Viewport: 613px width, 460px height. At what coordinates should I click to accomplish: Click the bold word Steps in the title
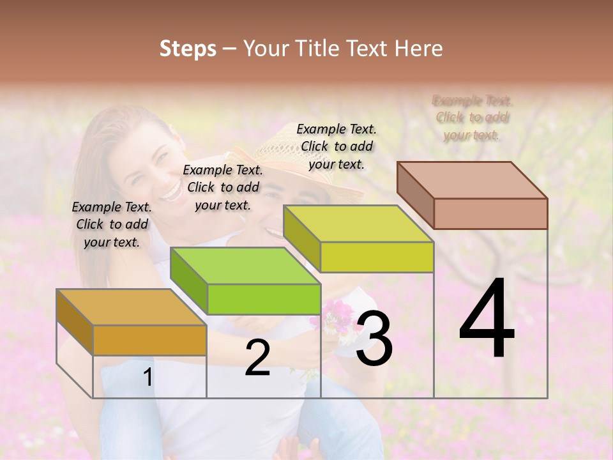click(188, 49)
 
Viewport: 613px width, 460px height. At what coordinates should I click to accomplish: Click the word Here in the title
click(418, 49)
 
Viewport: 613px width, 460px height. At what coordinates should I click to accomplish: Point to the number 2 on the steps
click(257, 358)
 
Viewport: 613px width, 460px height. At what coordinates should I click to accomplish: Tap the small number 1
click(148, 378)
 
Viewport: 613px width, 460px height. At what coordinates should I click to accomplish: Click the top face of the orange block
click(131, 307)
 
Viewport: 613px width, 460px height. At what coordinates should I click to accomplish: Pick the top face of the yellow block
click(358, 224)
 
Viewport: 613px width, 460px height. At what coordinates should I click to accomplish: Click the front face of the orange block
click(149, 340)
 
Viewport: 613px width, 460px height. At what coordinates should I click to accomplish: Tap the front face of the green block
click(263, 299)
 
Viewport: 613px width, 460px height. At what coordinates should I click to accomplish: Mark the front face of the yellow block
click(377, 257)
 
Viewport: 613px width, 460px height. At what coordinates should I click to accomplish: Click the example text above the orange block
click(112, 224)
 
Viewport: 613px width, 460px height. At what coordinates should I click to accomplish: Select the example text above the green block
click(223, 187)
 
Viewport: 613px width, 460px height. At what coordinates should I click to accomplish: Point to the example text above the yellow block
click(337, 146)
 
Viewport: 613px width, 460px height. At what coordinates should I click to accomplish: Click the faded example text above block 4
click(472, 118)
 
